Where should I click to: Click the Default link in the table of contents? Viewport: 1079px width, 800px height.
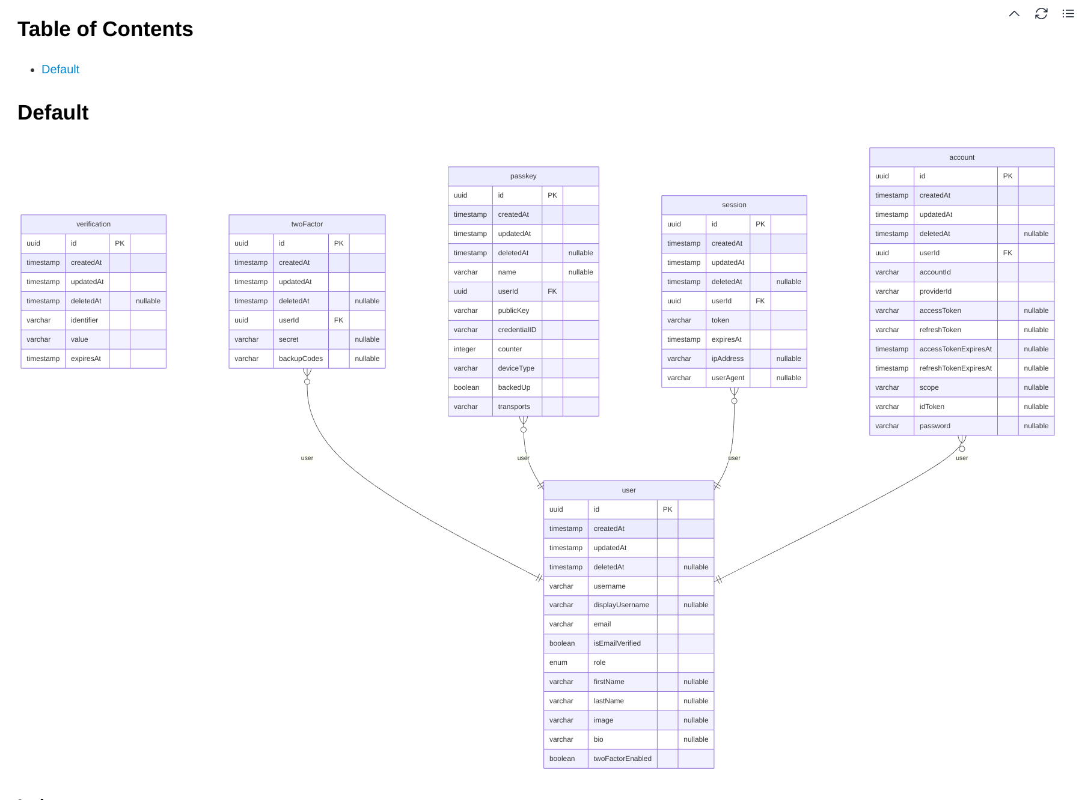pyautogui.click(x=60, y=70)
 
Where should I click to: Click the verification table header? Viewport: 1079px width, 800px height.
pyautogui.click(x=93, y=224)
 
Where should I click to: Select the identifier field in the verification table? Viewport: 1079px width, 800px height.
pyautogui.click(x=84, y=320)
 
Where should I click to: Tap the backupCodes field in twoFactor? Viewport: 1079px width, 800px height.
pyautogui.click(x=301, y=359)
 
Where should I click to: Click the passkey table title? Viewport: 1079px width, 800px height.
pyautogui.click(x=523, y=176)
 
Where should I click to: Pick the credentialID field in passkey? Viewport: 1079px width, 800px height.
pyautogui.click(x=517, y=330)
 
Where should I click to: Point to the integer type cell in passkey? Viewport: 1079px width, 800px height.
pyautogui.click(x=465, y=349)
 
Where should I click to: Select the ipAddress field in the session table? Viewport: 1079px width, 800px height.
pyautogui.click(x=727, y=359)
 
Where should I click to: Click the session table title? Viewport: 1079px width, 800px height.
pyautogui.click(x=734, y=205)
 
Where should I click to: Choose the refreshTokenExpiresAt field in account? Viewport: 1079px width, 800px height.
pyautogui.click(x=955, y=368)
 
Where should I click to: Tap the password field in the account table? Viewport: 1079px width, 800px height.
pyautogui.click(x=935, y=426)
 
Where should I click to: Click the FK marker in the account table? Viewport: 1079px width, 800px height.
pyautogui.click(x=1007, y=253)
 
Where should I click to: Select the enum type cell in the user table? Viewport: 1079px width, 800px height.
pyautogui.click(x=558, y=662)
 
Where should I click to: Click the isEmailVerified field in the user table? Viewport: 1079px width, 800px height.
pyautogui.click(x=617, y=643)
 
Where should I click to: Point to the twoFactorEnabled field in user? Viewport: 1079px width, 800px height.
pyautogui.click(x=622, y=759)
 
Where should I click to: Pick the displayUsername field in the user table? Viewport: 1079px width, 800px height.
pyautogui.click(x=621, y=605)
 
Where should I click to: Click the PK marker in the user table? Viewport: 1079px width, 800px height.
pyautogui.click(x=667, y=509)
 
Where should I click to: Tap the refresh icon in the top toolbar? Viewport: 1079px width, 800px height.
pyautogui.click(x=1041, y=14)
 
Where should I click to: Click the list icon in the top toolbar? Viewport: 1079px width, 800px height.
pyautogui.click(x=1068, y=14)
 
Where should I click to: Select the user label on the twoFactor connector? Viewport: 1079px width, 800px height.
pyautogui.click(x=307, y=458)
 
